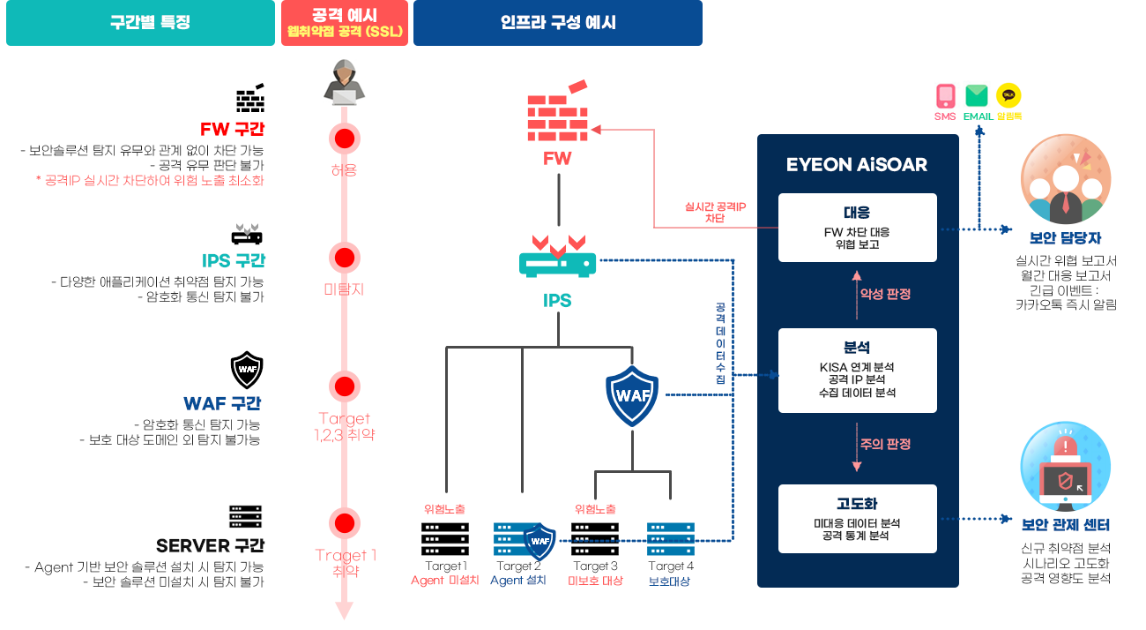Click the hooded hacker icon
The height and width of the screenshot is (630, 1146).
(x=345, y=82)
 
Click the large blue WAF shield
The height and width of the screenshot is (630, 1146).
(x=632, y=395)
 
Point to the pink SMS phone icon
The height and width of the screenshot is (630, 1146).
(x=945, y=96)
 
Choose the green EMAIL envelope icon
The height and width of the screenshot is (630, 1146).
(x=977, y=96)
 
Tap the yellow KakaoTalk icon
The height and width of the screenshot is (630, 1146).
(x=1008, y=95)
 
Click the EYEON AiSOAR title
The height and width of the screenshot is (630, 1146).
(x=857, y=165)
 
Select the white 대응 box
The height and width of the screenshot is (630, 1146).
(x=858, y=228)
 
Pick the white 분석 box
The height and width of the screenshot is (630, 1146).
(x=858, y=371)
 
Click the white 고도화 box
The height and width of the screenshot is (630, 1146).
(x=858, y=518)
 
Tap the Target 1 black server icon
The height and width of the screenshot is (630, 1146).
(x=445, y=539)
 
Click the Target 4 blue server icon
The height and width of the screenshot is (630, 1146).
(x=671, y=539)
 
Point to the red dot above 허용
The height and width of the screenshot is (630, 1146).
(x=345, y=139)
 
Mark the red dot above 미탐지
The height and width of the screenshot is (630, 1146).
(x=345, y=258)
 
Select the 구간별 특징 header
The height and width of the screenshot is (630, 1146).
(x=140, y=23)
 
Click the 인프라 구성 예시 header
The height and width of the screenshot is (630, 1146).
(x=558, y=23)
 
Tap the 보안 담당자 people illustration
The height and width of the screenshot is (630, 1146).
(x=1066, y=179)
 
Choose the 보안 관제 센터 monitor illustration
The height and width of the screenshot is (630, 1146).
(x=1066, y=467)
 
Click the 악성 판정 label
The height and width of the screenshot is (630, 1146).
(x=885, y=294)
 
